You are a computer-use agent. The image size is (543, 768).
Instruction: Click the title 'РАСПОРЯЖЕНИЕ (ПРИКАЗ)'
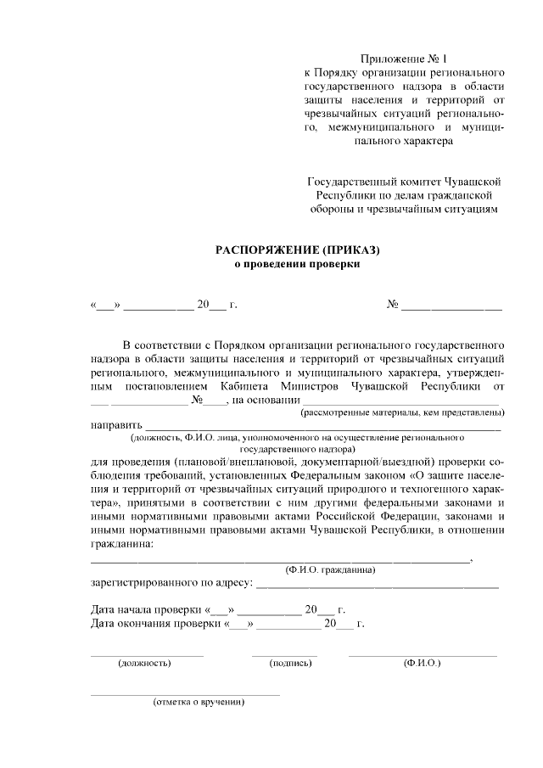pyautogui.click(x=297, y=250)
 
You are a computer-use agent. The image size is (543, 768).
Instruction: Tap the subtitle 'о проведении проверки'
pyautogui.click(x=297, y=264)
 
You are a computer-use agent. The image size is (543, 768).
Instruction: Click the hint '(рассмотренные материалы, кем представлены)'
pyautogui.click(x=403, y=412)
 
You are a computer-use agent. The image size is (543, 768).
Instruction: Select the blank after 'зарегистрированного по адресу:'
pyautogui.click(x=377, y=586)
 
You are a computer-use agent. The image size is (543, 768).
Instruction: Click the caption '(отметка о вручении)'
pyautogui.click(x=199, y=703)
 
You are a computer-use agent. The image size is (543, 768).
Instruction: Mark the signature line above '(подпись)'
pyautogui.click(x=284, y=655)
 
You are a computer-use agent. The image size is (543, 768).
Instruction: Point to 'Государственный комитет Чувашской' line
pyautogui.click(x=404, y=181)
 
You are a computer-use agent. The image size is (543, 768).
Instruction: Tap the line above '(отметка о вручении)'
pyautogui.click(x=184, y=695)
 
